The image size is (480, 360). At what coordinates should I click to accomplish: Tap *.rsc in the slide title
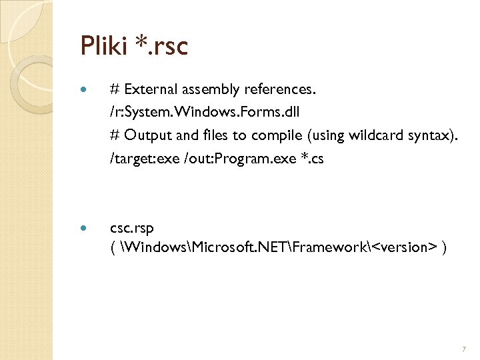coord(163,46)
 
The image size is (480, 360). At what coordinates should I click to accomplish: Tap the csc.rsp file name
coord(132,228)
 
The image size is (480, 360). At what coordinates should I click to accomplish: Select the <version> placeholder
coord(404,247)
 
